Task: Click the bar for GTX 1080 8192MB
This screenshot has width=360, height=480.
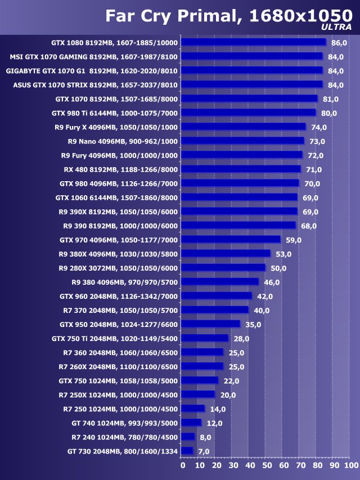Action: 254,42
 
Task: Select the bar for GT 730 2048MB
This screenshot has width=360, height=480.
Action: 188,451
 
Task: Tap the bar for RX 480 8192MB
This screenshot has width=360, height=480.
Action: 241,169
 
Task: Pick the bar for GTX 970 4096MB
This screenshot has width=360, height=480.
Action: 231,239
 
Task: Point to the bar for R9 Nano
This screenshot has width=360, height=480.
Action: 243,141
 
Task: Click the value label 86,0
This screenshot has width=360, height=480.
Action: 339,43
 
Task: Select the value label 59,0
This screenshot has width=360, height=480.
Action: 294,240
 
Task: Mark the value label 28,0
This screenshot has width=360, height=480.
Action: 241,339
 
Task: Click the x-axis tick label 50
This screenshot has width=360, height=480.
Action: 267,465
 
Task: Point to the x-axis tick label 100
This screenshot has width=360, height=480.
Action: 351,465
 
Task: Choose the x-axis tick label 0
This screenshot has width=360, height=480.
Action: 183,465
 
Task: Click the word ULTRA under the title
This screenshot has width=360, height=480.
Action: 336,27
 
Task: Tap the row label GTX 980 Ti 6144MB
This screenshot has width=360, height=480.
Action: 115,113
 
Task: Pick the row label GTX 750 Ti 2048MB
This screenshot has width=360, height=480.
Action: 115,338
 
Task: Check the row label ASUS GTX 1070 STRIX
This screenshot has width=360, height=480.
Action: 95,84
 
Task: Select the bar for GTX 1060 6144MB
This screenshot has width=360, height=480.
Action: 240,197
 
